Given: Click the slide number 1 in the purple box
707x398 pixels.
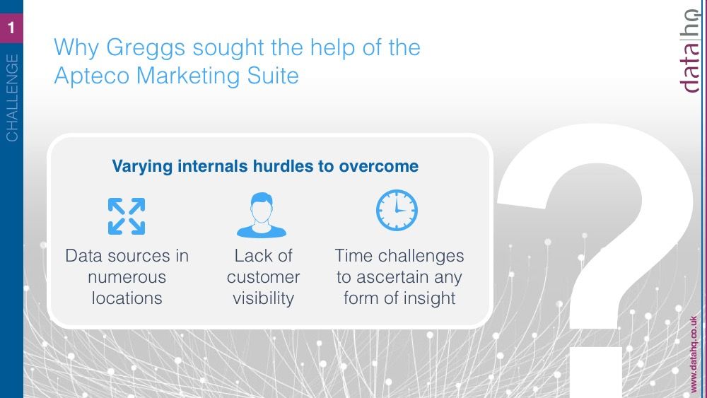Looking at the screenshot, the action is coord(11,28).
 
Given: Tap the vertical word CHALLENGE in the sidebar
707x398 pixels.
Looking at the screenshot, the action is coord(12,98).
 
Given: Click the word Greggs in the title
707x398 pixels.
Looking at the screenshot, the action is coord(146,49).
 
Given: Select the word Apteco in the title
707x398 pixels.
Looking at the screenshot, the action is coord(92,75).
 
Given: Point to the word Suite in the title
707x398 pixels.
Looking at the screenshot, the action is coord(273,75).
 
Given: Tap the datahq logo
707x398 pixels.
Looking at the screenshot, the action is coord(690,50).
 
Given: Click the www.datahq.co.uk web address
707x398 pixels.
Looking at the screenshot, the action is coord(694,355).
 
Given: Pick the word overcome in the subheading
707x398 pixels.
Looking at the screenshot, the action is coord(379,166).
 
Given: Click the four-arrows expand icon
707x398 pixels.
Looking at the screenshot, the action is coord(127,216).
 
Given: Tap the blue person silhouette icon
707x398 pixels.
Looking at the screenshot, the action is coord(262,215).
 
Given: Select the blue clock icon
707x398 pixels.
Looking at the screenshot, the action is coord(397,210).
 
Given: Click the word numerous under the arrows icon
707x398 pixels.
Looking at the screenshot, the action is coord(127,277).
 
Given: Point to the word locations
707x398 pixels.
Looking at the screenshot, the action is coord(127,298).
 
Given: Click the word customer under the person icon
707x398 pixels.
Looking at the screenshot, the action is coord(263,277).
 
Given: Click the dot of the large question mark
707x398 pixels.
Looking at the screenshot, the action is coord(595,373).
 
